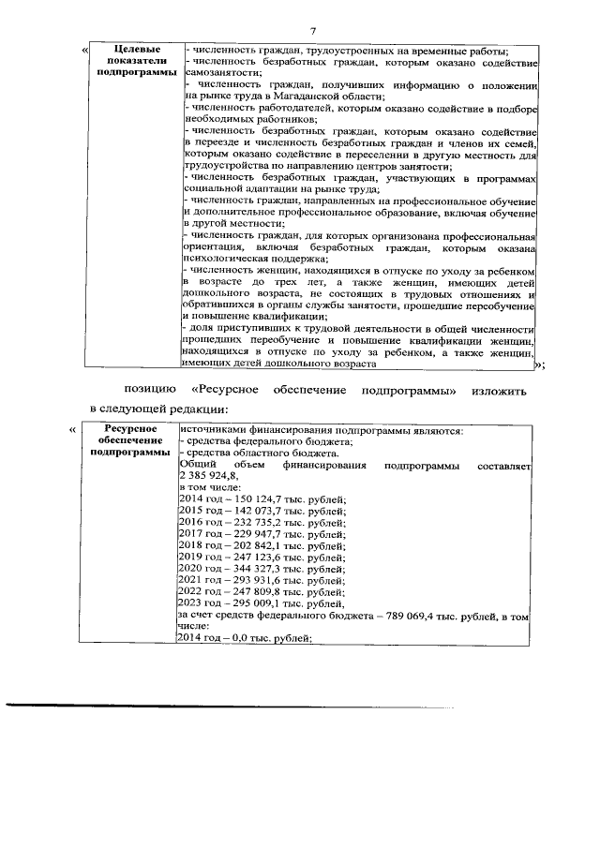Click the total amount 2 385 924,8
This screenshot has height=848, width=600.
pyautogui.click(x=210, y=475)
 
